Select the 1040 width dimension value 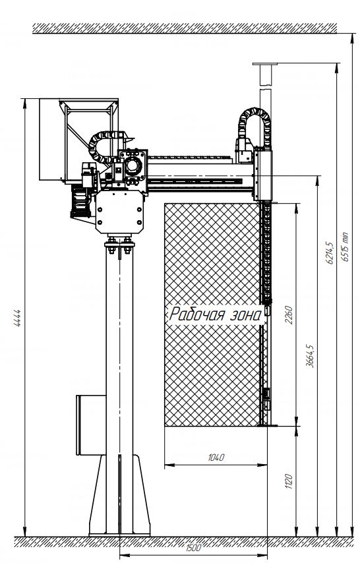[216, 457]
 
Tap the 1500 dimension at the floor [193, 548]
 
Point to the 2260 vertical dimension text [289, 314]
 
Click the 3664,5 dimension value [309, 356]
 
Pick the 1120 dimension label [289, 481]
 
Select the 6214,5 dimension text [330, 252]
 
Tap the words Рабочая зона [215, 314]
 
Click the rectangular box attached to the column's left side [91, 425]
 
